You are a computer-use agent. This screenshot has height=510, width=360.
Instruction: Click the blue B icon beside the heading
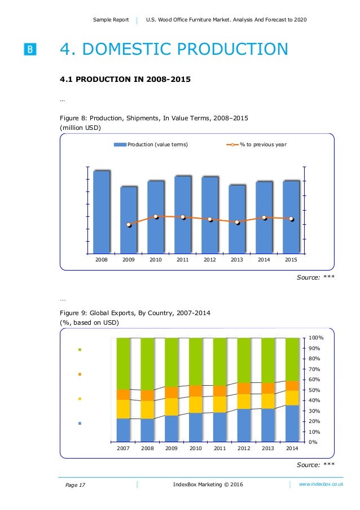tap(30, 49)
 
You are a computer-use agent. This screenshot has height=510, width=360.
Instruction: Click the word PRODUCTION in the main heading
tap(232, 49)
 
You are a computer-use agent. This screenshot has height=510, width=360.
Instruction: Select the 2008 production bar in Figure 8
tap(102, 212)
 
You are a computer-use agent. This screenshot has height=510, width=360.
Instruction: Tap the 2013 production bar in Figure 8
tap(237, 219)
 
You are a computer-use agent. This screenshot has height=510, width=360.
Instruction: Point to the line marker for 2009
tap(129, 225)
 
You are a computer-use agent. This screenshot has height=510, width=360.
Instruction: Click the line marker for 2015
tap(292, 219)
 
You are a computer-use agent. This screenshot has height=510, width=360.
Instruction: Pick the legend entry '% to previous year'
tap(257, 145)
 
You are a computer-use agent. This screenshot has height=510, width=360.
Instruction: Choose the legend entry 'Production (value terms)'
tap(151, 145)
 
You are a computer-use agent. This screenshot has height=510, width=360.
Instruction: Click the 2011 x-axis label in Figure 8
tap(183, 260)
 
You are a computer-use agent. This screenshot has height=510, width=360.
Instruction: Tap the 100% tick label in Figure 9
tap(316, 338)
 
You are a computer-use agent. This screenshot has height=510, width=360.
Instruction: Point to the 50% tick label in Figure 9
tap(314, 390)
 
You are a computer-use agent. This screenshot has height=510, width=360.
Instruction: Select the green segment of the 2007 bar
tap(123, 364)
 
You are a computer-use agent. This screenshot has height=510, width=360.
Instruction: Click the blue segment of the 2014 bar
tap(292, 423)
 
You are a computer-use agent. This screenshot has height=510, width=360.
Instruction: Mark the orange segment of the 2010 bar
tap(196, 391)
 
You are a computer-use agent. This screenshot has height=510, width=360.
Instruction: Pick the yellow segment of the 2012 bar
tap(244, 402)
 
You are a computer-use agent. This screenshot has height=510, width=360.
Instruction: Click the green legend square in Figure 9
tap(80, 350)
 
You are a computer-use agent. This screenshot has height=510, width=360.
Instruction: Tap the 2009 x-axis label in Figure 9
tap(171, 448)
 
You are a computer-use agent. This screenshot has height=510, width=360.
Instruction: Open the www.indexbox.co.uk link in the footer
tap(321, 484)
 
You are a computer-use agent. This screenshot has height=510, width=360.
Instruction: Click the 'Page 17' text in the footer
tap(75, 485)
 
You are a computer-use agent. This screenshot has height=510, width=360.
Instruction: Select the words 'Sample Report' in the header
tap(111, 20)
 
